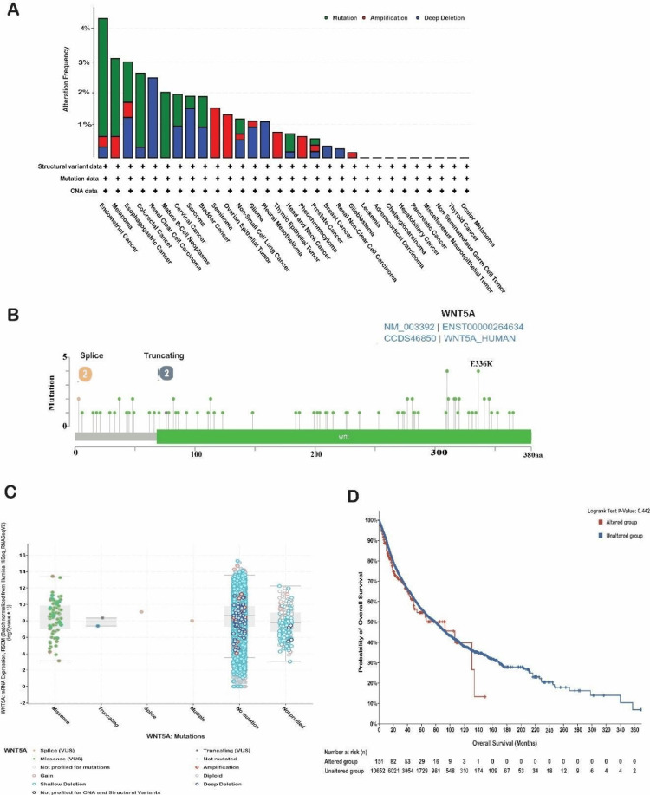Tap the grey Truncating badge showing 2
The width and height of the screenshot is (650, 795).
[x=166, y=373]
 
